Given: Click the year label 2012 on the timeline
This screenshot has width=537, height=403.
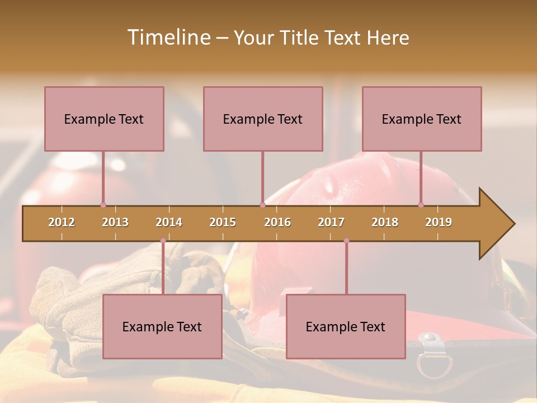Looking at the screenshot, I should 62,222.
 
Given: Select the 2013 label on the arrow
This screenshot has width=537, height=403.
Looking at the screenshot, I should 115,222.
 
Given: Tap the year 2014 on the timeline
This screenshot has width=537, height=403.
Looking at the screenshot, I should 169,222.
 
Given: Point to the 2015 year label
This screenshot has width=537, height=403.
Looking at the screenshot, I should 223,222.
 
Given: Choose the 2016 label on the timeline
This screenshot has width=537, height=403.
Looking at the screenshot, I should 277,222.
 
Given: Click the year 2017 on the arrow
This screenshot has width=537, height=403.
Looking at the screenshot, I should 331,222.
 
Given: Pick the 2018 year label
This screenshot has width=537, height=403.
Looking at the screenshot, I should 385,222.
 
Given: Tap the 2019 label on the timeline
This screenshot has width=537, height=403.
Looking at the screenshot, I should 439,222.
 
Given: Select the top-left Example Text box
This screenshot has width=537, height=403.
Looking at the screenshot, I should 104,119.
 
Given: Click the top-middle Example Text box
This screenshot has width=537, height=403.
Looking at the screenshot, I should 263,119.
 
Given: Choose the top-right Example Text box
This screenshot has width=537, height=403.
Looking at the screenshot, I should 422,119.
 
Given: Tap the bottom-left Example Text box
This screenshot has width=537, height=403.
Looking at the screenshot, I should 162,326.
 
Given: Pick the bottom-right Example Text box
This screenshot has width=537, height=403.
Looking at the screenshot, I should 346,326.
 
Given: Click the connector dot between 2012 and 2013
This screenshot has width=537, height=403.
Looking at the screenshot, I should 103,205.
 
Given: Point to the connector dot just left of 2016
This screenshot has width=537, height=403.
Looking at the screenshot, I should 262,205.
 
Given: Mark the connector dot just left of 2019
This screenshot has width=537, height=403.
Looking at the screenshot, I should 421,205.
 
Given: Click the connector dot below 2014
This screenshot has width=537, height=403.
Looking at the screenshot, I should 163,241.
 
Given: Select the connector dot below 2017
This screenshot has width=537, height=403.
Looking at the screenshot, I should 346,241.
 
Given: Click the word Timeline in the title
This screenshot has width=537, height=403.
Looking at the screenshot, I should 168,38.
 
